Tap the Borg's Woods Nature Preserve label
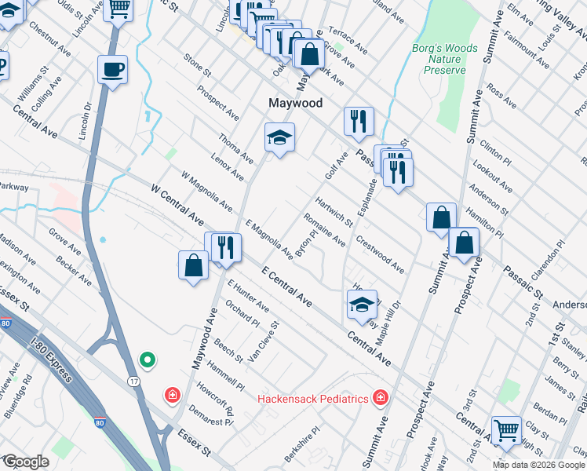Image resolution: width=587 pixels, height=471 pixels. pos(445,59)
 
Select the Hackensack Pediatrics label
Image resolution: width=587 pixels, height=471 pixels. pos(313,399)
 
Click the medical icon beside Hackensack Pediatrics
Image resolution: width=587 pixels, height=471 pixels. pos(381,398)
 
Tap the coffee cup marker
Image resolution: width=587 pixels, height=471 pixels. pos(113,70)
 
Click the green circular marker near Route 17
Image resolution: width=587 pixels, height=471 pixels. pos(147,360)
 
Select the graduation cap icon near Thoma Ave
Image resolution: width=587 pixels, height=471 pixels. pos(279,138)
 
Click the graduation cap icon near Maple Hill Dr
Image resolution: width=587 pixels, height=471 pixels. pos(362,305)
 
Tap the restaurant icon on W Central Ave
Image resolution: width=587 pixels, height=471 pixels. pos(225,247)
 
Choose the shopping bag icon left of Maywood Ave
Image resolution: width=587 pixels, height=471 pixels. pos(193,265)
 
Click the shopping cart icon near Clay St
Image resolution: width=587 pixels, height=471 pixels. pos(506,429)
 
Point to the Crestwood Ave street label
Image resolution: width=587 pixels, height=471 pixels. pos(380,254)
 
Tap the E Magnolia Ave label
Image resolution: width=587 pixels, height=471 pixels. pos(269,239)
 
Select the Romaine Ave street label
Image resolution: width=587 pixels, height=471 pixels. pos(325,231)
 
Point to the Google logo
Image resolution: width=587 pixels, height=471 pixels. pos(26,462)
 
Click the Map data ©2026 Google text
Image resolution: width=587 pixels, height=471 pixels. pos(538,465)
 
